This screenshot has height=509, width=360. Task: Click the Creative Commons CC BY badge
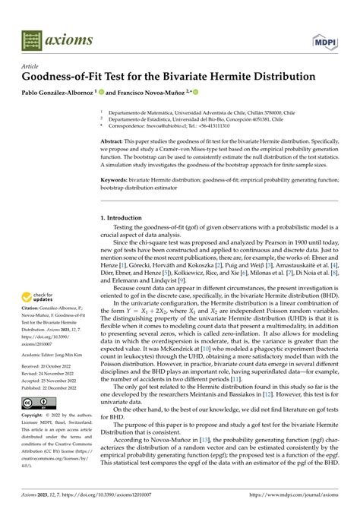38,402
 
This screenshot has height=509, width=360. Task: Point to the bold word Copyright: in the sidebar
35,416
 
